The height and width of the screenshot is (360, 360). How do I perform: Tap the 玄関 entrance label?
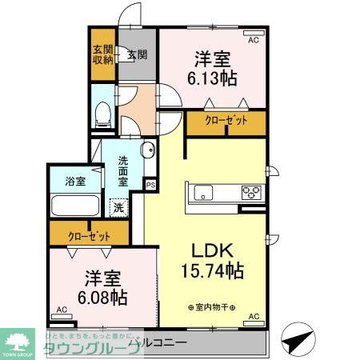pos(137,55)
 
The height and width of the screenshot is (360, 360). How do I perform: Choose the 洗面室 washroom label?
pos(124,170)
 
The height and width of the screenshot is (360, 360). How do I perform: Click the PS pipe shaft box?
pos(150,184)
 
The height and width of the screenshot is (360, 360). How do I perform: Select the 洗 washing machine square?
pos(118,208)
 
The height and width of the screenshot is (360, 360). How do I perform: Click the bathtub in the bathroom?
pos(74,205)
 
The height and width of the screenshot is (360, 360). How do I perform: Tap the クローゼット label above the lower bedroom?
pos(88,237)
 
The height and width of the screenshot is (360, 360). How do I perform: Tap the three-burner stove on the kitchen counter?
pos(251,192)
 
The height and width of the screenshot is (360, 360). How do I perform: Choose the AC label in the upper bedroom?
pos(254,39)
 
